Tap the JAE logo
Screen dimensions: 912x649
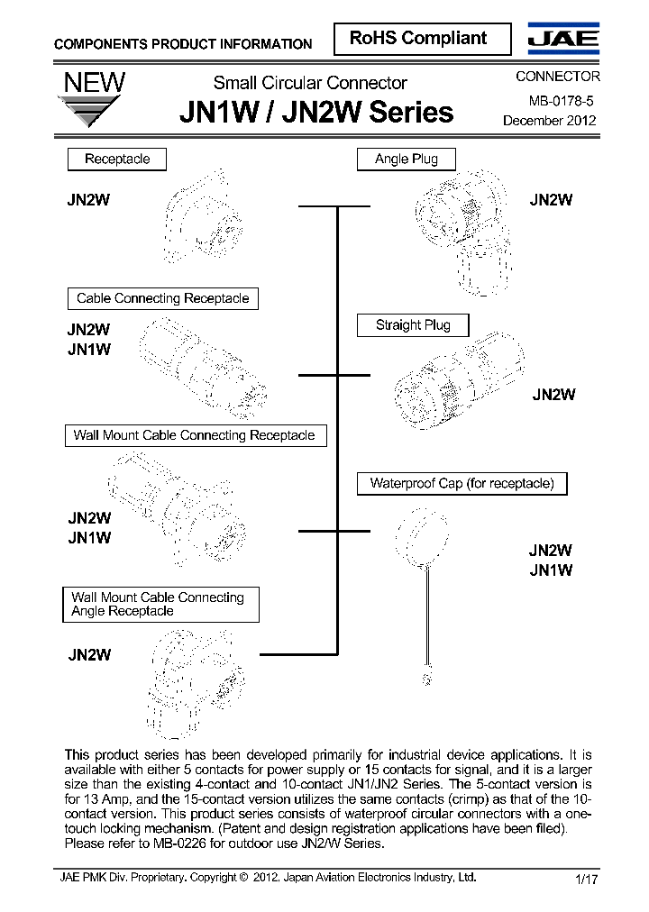point(562,39)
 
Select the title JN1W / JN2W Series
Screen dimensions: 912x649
point(316,113)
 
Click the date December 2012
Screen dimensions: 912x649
point(549,121)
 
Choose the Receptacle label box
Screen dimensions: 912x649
point(117,160)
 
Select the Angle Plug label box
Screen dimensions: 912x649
point(406,160)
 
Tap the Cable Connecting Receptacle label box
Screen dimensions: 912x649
point(162,298)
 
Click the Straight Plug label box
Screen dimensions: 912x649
point(413,325)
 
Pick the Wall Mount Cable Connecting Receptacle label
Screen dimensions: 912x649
point(194,436)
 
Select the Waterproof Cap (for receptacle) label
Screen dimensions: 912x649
point(462,483)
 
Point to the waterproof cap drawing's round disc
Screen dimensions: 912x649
point(422,537)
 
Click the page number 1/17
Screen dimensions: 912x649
point(585,880)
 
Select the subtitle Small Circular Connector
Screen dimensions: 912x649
point(310,83)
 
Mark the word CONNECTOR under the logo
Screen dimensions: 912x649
point(557,77)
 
